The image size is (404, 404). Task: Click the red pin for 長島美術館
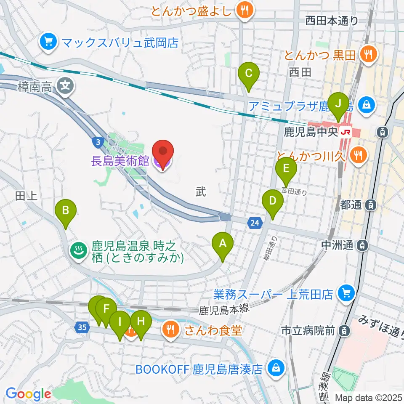pyautogui.click(x=162, y=152)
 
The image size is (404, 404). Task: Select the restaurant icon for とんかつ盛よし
pyautogui.click(x=244, y=10)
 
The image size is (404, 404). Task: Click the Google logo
pyautogui.click(x=28, y=394)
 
